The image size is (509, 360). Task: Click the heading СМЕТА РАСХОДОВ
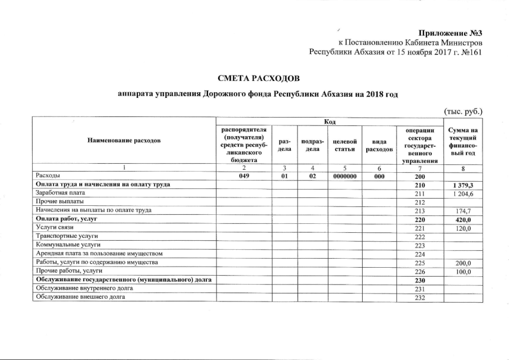point(255,76)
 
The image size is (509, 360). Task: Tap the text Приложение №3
point(451,31)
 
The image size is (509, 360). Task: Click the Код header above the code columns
point(330,121)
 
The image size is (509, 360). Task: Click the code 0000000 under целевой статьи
point(345,175)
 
